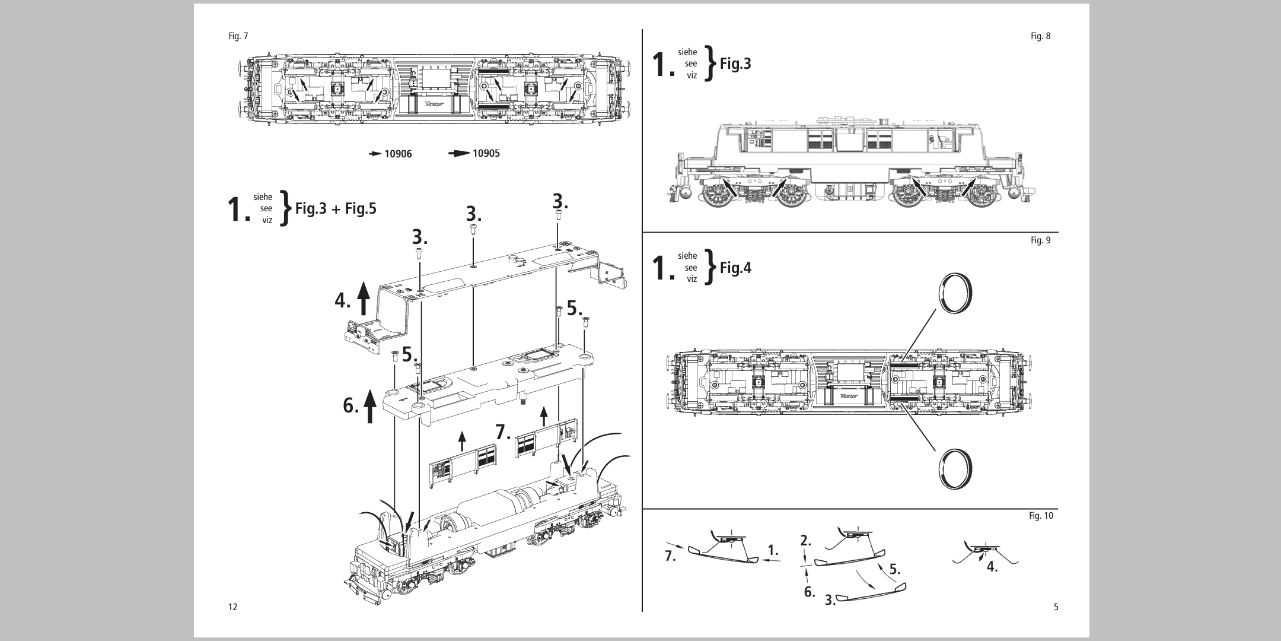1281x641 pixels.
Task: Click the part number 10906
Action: pyautogui.click(x=398, y=154)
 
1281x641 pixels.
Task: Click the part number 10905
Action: pyautogui.click(x=486, y=154)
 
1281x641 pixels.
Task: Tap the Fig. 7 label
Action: pyautogui.click(x=238, y=36)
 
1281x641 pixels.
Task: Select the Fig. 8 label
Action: pyautogui.click(x=1040, y=36)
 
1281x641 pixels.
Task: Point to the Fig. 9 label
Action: pyautogui.click(x=1040, y=240)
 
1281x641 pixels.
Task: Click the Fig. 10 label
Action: pyautogui.click(x=1041, y=516)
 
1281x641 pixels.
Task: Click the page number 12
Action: pyautogui.click(x=232, y=607)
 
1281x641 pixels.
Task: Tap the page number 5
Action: pyautogui.click(x=1056, y=607)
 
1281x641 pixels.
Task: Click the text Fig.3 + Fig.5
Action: pyautogui.click(x=336, y=210)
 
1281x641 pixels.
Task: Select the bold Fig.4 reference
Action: pyautogui.click(x=735, y=268)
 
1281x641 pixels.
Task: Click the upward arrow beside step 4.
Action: pyautogui.click(x=363, y=299)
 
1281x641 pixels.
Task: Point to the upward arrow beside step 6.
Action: pyautogui.click(x=370, y=405)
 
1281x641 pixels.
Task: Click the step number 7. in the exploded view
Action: pyautogui.click(x=503, y=432)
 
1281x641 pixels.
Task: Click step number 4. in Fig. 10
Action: pyautogui.click(x=992, y=567)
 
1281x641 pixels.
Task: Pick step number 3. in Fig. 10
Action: pyautogui.click(x=830, y=600)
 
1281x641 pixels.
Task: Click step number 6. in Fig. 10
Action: pyautogui.click(x=810, y=591)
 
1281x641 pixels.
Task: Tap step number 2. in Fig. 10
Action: pyautogui.click(x=805, y=541)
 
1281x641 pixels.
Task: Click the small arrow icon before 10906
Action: pyautogui.click(x=375, y=154)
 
